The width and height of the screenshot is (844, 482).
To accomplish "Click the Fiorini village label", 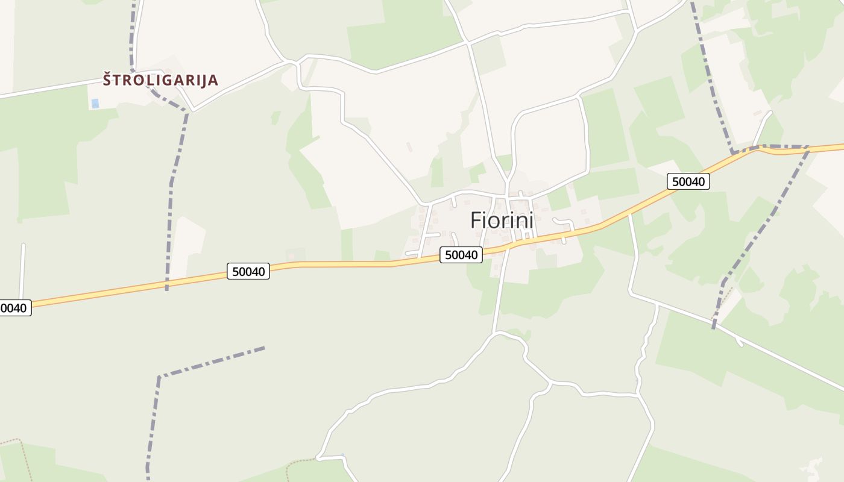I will click(x=502, y=221).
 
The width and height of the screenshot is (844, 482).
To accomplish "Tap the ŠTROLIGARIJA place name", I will click(x=160, y=80).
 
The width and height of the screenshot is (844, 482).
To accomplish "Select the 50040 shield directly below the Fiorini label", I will click(x=461, y=255).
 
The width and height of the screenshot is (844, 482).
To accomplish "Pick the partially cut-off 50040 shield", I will click(x=13, y=308).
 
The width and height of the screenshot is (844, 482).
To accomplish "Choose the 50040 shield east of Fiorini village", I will click(x=688, y=181).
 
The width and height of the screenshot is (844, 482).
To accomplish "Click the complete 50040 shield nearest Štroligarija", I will click(x=248, y=271).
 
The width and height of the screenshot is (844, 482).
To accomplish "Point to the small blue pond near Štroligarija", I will click(x=95, y=104).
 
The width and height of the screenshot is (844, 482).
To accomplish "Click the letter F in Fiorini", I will click(x=476, y=221).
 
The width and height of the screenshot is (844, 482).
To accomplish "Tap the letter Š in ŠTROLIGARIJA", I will click(x=107, y=79).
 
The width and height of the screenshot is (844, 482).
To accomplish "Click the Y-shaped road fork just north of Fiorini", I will click(x=508, y=179).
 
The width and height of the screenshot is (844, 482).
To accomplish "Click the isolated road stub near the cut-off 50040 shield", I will click(x=22, y=265).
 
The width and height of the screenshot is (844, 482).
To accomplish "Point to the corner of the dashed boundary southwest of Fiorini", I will click(x=159, y=377).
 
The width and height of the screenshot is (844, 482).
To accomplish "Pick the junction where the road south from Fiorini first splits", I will click(x=495, y=333).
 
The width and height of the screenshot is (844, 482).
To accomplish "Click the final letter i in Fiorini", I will click(x=531, y=221).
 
